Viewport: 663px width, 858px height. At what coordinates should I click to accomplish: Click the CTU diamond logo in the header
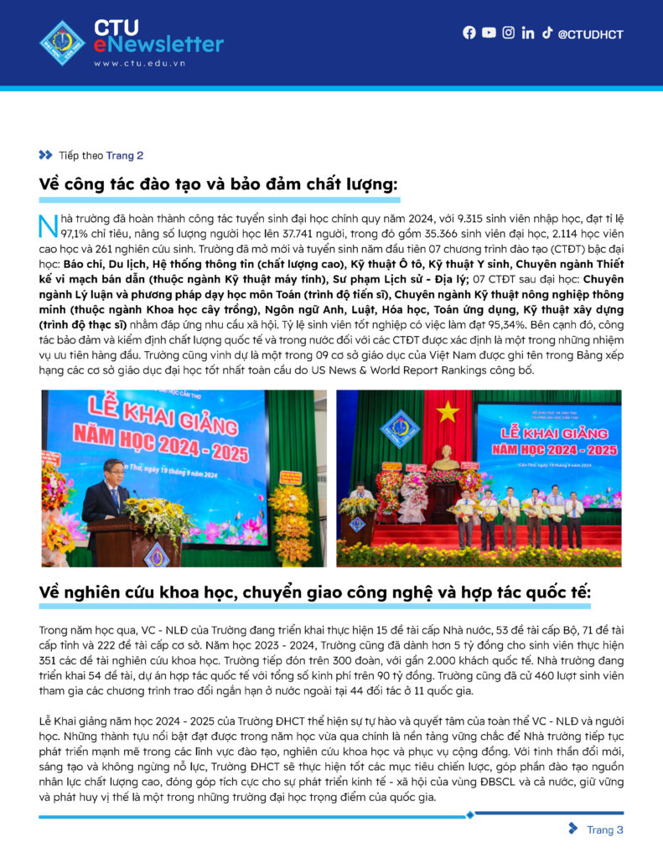point(63,43)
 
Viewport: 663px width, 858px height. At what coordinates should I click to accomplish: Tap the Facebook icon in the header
point(469,33)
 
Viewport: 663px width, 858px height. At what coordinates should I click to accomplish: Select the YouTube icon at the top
point(489,33)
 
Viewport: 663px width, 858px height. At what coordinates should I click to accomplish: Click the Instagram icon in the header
point(508,33)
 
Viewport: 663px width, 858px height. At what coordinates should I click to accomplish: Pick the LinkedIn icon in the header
point(527,33)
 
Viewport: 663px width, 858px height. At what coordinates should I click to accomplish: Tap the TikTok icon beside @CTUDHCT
point(546,33)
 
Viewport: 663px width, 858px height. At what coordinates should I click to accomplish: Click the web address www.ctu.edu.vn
point(139,64)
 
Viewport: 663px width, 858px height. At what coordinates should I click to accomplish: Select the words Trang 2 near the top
point(124,155)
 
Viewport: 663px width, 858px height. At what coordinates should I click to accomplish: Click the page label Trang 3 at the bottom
point(604,830)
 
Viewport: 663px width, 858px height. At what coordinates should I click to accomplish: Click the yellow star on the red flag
point(447,411)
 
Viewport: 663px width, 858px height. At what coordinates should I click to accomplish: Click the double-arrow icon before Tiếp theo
point(45,155)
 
